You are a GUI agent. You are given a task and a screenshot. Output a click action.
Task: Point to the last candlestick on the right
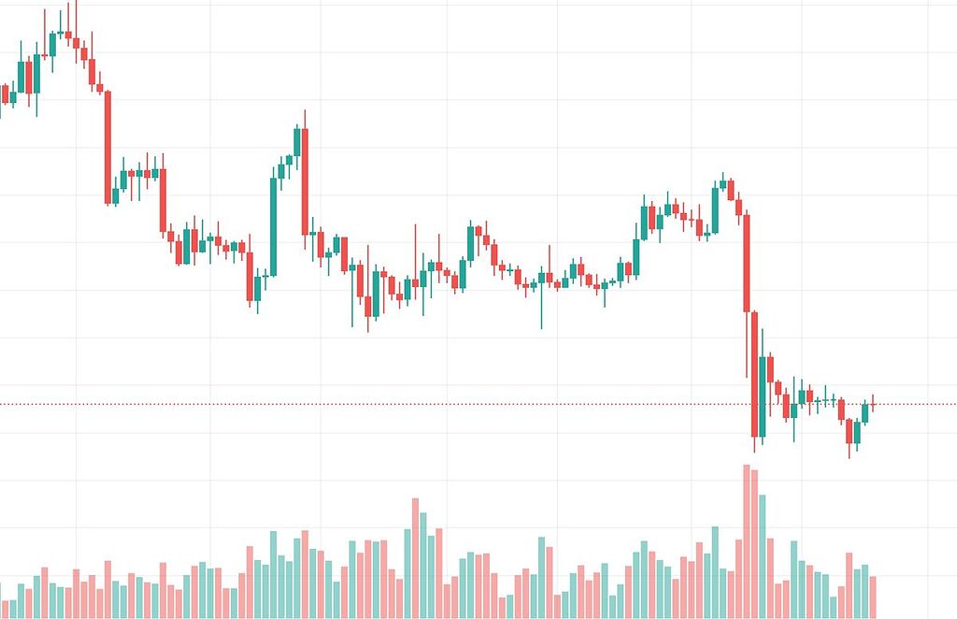point(873,404)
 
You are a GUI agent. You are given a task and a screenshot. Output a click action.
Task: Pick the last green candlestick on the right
point(864,412)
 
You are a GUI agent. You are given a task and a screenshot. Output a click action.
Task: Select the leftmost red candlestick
point(6,94)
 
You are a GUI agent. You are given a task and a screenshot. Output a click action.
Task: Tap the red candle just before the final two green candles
point(850,431)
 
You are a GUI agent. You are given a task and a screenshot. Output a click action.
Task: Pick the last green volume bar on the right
point(864,591)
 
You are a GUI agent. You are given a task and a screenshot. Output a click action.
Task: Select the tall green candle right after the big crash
point(763,396)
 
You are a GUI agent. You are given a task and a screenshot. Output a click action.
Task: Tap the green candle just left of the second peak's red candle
point(297,141)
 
